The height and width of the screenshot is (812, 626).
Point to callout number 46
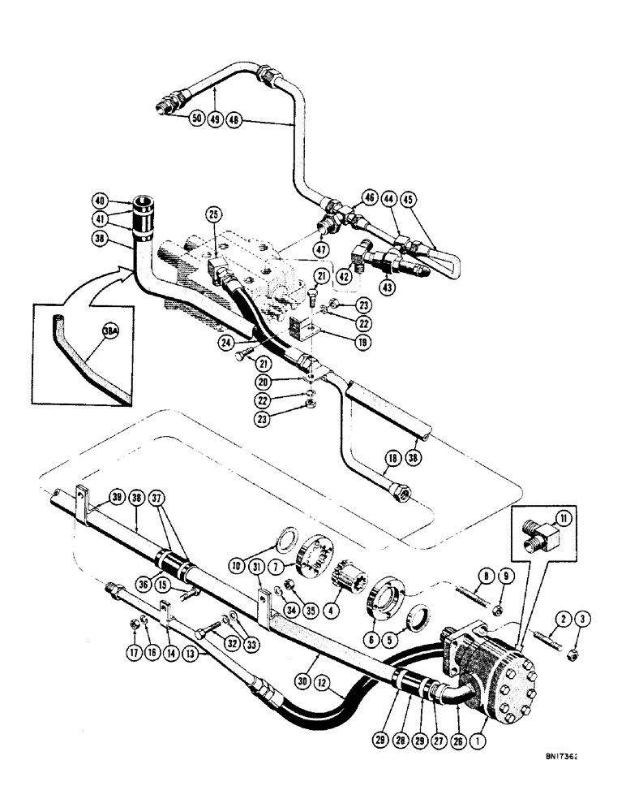point(370,197)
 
